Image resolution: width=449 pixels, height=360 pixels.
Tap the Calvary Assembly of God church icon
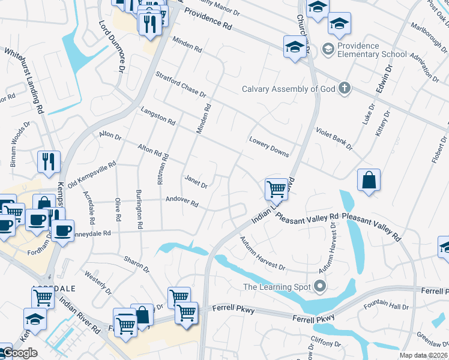click(344, 89)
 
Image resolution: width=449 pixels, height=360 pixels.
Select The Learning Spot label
click(276, 286)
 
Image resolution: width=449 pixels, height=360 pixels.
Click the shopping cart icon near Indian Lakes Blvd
click(276, 189)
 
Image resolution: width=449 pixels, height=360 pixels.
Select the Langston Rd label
click(157, 115)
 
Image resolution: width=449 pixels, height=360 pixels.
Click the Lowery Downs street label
click(269, 146)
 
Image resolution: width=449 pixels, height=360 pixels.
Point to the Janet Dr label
click(196, 181)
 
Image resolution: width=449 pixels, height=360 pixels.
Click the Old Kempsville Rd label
click(91, 174)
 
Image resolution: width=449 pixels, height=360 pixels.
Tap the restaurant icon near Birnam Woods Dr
click(49, 161)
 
